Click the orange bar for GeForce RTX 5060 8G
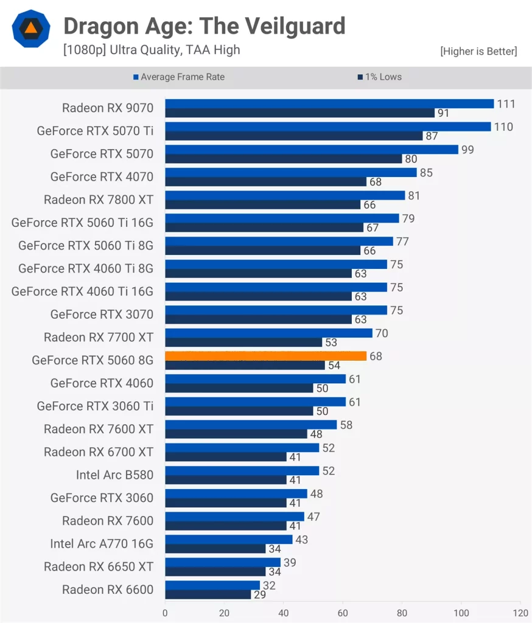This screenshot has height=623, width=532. pos(265,356)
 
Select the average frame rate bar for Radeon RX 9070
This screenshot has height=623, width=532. pos(329,104)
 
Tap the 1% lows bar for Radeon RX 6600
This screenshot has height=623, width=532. pos(208,594)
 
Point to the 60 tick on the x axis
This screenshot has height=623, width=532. pos(343,613)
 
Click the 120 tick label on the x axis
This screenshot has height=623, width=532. pos(520,613)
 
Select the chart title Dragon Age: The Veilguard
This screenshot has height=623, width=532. pos(204,26)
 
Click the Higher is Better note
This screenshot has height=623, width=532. pos(478,52)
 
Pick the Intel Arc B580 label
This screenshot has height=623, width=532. pos(114,475)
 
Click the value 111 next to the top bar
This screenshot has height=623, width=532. pos(506,104)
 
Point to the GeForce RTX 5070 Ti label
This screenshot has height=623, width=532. pos(95,130)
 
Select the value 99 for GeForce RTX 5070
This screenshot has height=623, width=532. pos(467,150)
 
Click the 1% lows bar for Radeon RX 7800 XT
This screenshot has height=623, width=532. pos(263,204)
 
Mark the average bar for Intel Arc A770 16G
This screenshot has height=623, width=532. pos(229,540)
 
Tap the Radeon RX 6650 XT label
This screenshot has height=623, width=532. pos(99,566)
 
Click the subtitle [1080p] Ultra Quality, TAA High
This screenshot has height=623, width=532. pos(152,50)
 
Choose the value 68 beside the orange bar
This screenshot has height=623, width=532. pos(376,356)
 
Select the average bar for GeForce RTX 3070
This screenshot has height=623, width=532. pos(276,310)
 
